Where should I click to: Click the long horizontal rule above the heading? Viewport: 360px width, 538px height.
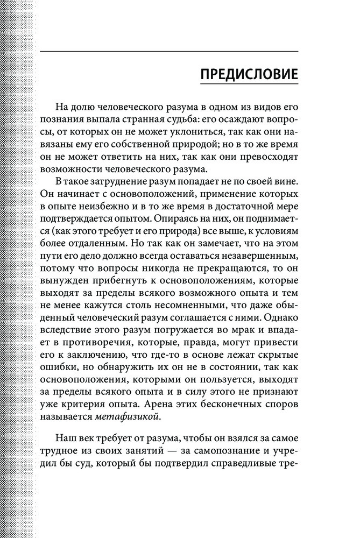[170, 51]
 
